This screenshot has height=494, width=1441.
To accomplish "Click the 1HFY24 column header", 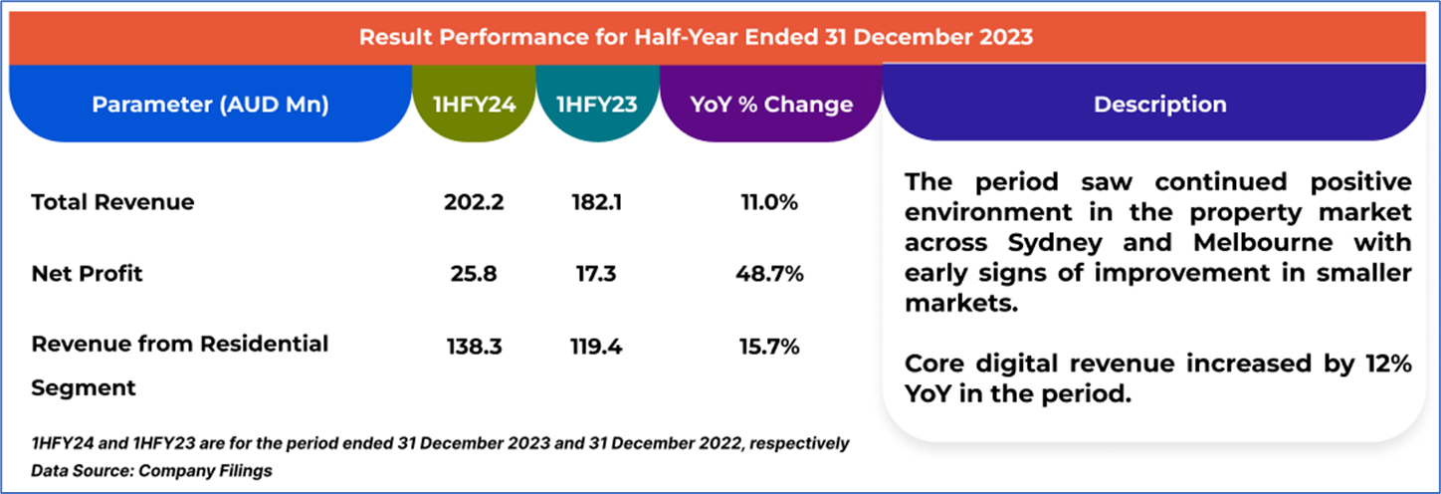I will tap(474, 105).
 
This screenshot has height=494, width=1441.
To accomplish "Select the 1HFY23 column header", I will tap(596, 105).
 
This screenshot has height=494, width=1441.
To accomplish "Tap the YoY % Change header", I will tap(771, 105).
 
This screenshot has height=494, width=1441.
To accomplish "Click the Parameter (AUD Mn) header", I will tap(211, 105).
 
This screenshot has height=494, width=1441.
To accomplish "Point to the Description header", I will tap(1159, 105).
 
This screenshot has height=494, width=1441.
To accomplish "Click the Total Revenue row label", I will tap(112, 202).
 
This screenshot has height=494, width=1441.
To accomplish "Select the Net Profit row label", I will tap(88, 274).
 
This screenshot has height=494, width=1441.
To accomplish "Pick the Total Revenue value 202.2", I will tap(474, 202).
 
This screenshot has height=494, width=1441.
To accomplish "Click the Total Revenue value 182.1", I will tap(596, 202).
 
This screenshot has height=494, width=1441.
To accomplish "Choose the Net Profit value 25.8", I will tap(474, 274).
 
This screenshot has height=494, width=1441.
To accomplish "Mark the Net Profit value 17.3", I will tap(596, 274).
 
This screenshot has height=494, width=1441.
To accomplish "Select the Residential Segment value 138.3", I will tap(474, 346).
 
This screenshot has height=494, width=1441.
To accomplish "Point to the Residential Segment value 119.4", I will tap(596, 346).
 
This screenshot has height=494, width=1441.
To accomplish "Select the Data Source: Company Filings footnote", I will tap(151, 470).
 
